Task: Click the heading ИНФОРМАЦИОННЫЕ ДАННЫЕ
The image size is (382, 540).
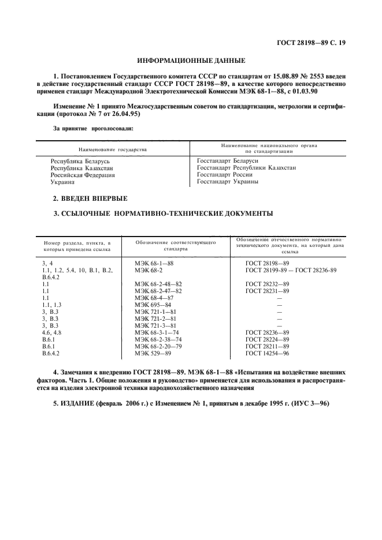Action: pyautogui.click(x=191, y=60)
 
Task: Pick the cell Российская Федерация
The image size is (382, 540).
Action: pyautogui.click(x=83, y=175)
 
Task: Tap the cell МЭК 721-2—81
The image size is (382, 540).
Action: pyautogui.click(x=156, y=318)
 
